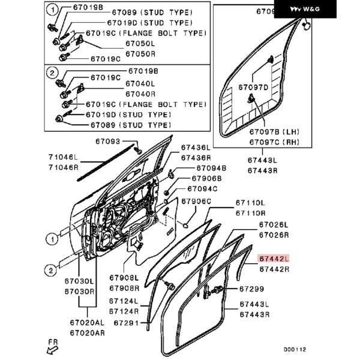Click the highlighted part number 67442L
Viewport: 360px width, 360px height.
point(274,259)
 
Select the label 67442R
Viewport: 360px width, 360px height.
point(274,269)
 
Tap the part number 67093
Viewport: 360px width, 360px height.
point(108,142)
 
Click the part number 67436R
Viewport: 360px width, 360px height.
point(196,157)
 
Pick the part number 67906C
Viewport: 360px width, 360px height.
point(196,201)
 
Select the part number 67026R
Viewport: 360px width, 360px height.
point(274,235)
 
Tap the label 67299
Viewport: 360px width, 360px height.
point(251,289)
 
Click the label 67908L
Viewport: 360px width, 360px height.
point(124,278)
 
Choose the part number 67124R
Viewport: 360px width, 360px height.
point(124,311)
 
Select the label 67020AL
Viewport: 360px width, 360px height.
point(87,323)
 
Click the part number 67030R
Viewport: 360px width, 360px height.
point(80,291)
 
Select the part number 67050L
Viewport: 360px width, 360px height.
point(140,44)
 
